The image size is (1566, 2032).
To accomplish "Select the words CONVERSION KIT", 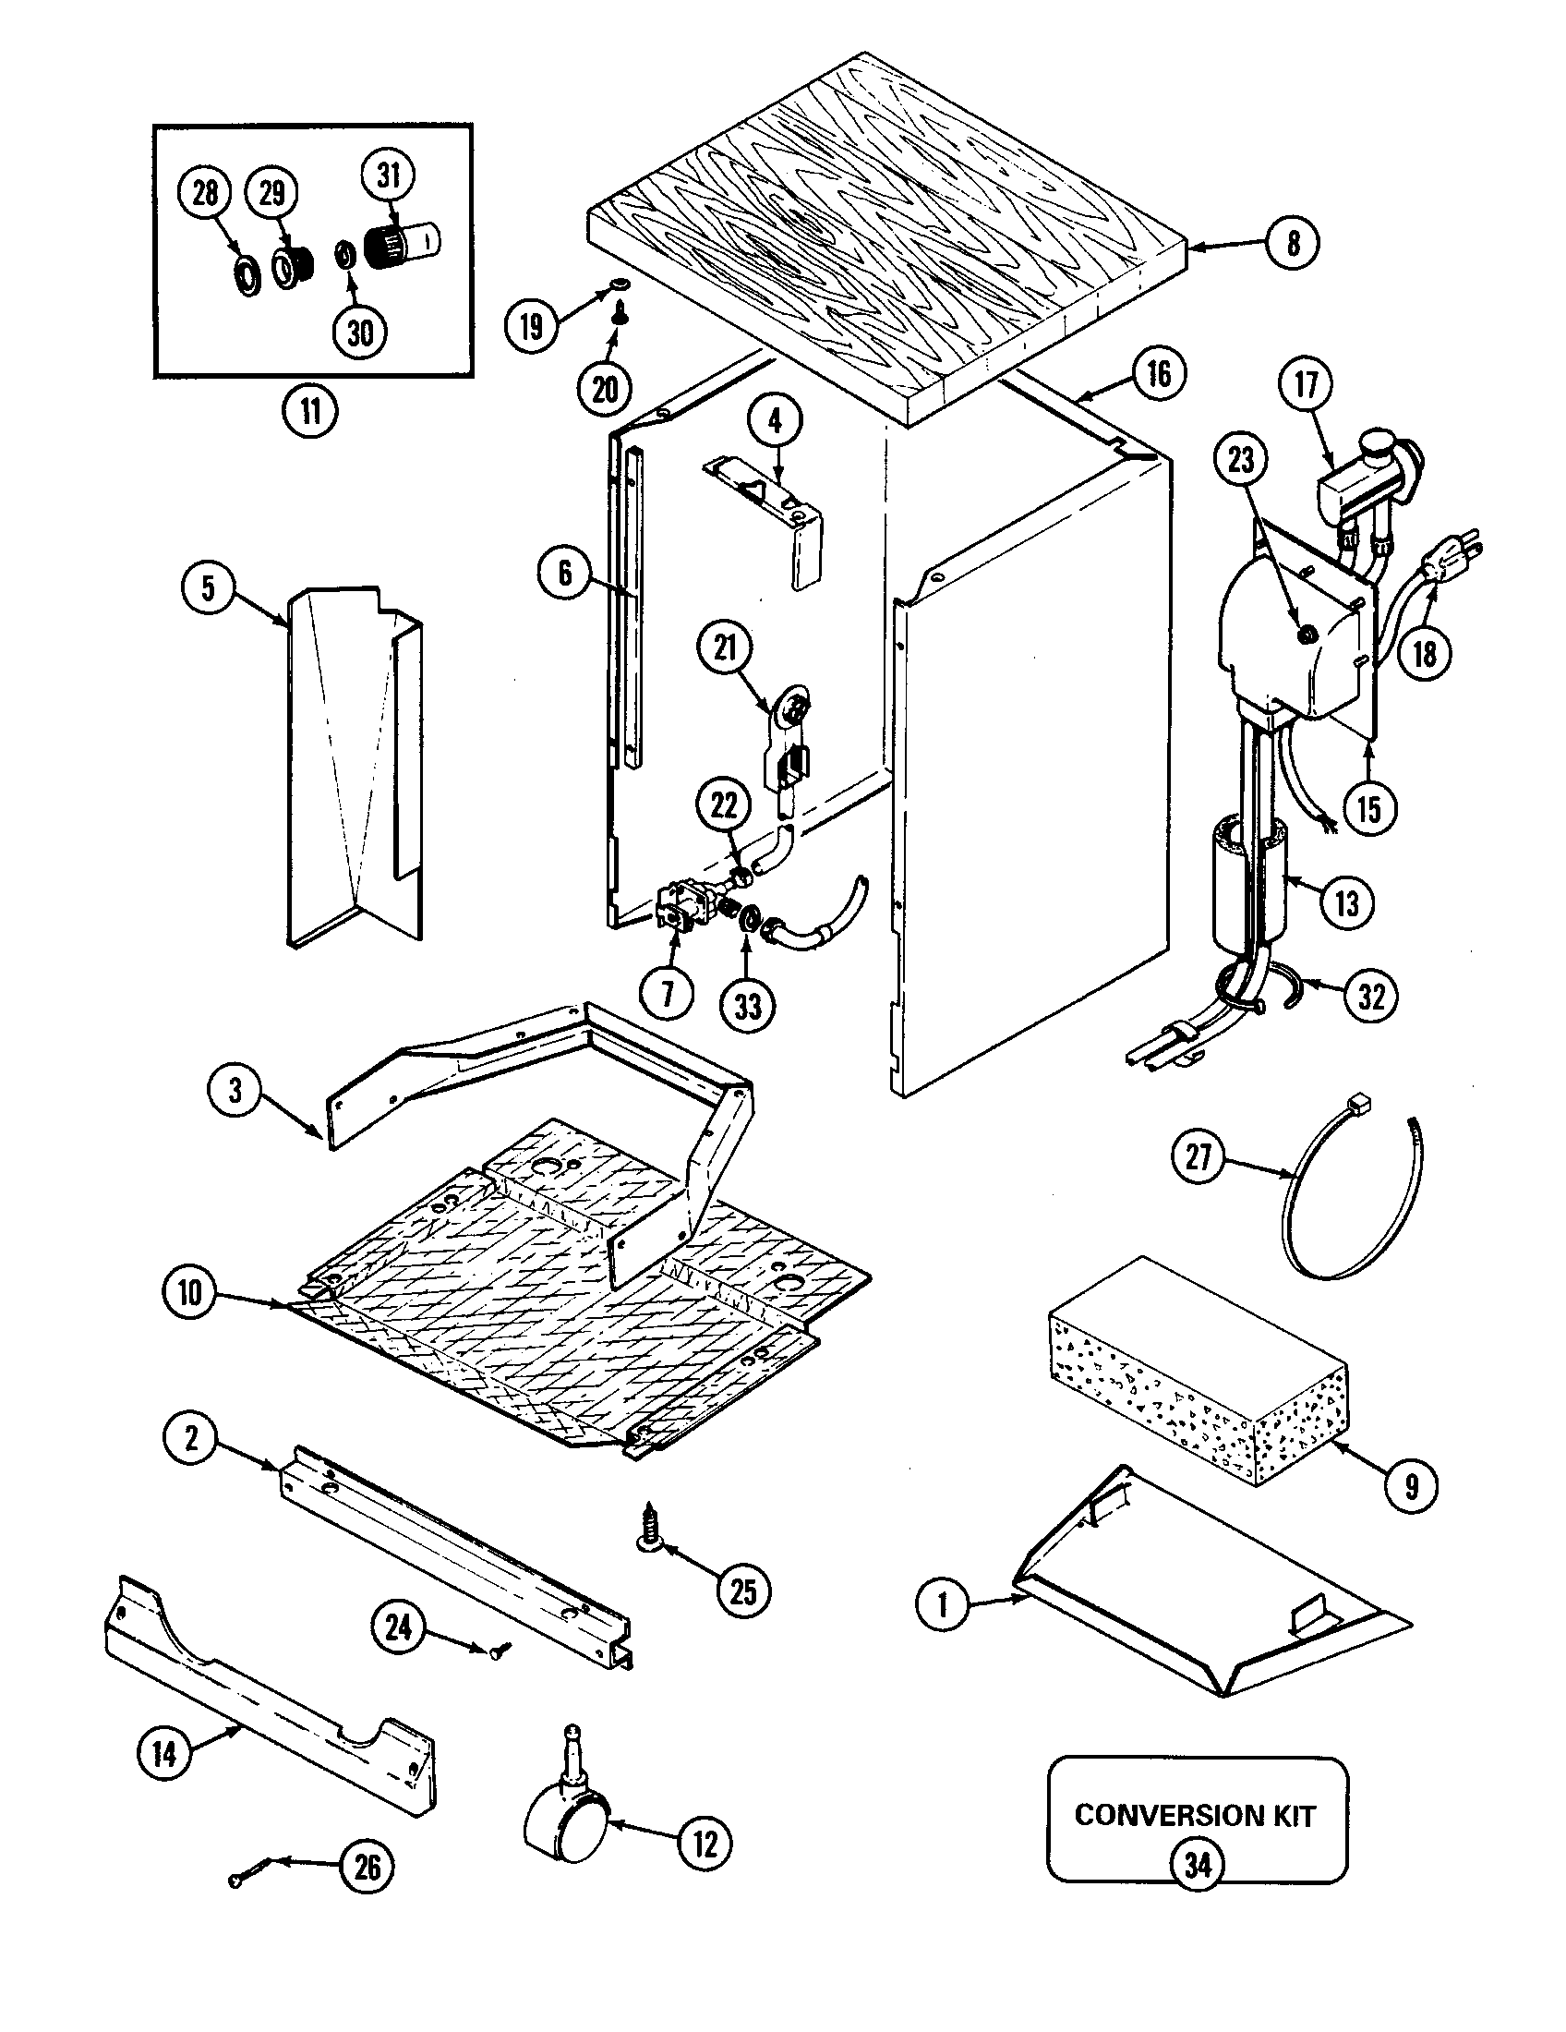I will [x=1195, y=1815].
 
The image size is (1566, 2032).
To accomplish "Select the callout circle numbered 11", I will [x=309, y=410].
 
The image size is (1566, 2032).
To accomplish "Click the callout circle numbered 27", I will [x=1199, y=1156].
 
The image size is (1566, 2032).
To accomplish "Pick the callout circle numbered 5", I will [x=208, y=588].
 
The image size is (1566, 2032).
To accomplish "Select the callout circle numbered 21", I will [x=726, y=648].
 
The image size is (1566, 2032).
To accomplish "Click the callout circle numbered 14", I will [x=164, y=1754].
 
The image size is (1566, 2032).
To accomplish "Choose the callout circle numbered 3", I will [x=235, y=1091].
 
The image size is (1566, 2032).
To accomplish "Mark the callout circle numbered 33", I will [x=748, y=1006].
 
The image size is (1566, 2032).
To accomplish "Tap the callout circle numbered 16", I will [x=1159, y=374].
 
